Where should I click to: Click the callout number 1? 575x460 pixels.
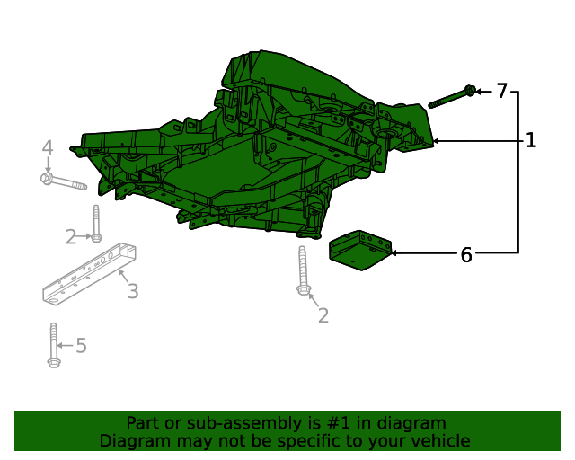531,140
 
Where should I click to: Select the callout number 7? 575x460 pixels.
501,91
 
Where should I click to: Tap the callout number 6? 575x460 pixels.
465,254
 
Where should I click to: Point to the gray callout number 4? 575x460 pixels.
48,147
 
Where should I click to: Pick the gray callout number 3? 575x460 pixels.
132,291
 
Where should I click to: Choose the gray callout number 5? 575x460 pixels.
81,345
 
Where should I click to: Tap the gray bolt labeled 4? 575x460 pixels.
62,182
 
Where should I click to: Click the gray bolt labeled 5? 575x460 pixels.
53,345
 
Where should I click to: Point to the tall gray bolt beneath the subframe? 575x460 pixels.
303,270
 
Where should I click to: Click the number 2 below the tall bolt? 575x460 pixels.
323,315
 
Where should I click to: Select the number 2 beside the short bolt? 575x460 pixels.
71,237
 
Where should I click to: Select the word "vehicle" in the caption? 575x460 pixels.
439,441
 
